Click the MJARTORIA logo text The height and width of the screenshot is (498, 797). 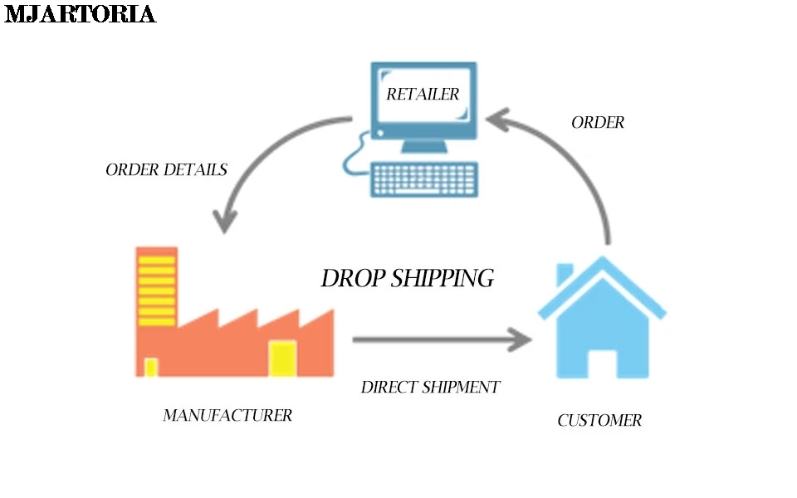[80, 14]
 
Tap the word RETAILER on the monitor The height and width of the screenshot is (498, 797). [423, 94]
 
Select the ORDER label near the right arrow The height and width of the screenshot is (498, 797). [598, 123]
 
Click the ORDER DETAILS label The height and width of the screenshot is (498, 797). [166, 169]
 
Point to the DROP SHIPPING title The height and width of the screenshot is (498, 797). [407, 278]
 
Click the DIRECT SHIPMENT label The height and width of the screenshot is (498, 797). [431, 388]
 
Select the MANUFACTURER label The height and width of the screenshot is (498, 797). [227, 415]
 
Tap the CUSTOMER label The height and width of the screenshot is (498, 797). [599, 420]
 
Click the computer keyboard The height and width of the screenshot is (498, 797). [424, 179]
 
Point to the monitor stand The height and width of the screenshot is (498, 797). [424, 146]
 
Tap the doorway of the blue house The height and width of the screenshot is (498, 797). [603, 364]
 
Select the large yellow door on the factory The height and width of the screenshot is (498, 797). [282, 359]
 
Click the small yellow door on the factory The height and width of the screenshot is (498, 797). [151, 368]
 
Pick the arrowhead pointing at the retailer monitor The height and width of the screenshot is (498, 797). [498, 120]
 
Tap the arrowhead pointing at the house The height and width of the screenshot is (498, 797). [519, 340]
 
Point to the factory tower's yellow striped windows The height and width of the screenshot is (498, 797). [157, 290]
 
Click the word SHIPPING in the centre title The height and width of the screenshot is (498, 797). [443, 278]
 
